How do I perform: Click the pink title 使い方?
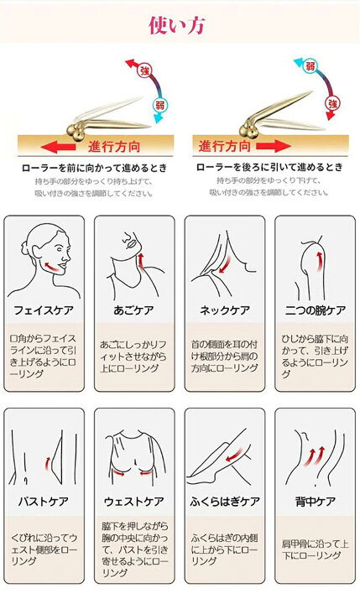tap(176, 25)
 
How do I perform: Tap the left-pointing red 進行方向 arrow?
tap(58, 147)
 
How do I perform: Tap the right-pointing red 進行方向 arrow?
tap(274, 146)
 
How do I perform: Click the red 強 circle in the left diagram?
tap(145, 70)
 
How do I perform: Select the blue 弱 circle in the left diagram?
tap(159, 105)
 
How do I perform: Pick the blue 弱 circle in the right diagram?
tap(310, 66)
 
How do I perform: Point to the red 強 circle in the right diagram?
tap(332, 103)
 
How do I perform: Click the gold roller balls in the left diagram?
tap(76, 133)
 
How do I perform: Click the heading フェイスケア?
tap(44, 310)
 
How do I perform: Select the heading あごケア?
tap(133, 310)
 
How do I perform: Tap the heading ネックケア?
tap(225, 310)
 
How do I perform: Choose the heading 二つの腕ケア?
tap(316, 310)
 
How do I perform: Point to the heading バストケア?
tap(43, 502)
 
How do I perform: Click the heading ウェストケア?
tap(134, 502)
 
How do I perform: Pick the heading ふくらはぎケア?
tap(225, 502)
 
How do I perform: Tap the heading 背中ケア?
tap(316, 502)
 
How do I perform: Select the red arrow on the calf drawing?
tap(234, 454)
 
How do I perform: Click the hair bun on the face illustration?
tap(25, 247)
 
